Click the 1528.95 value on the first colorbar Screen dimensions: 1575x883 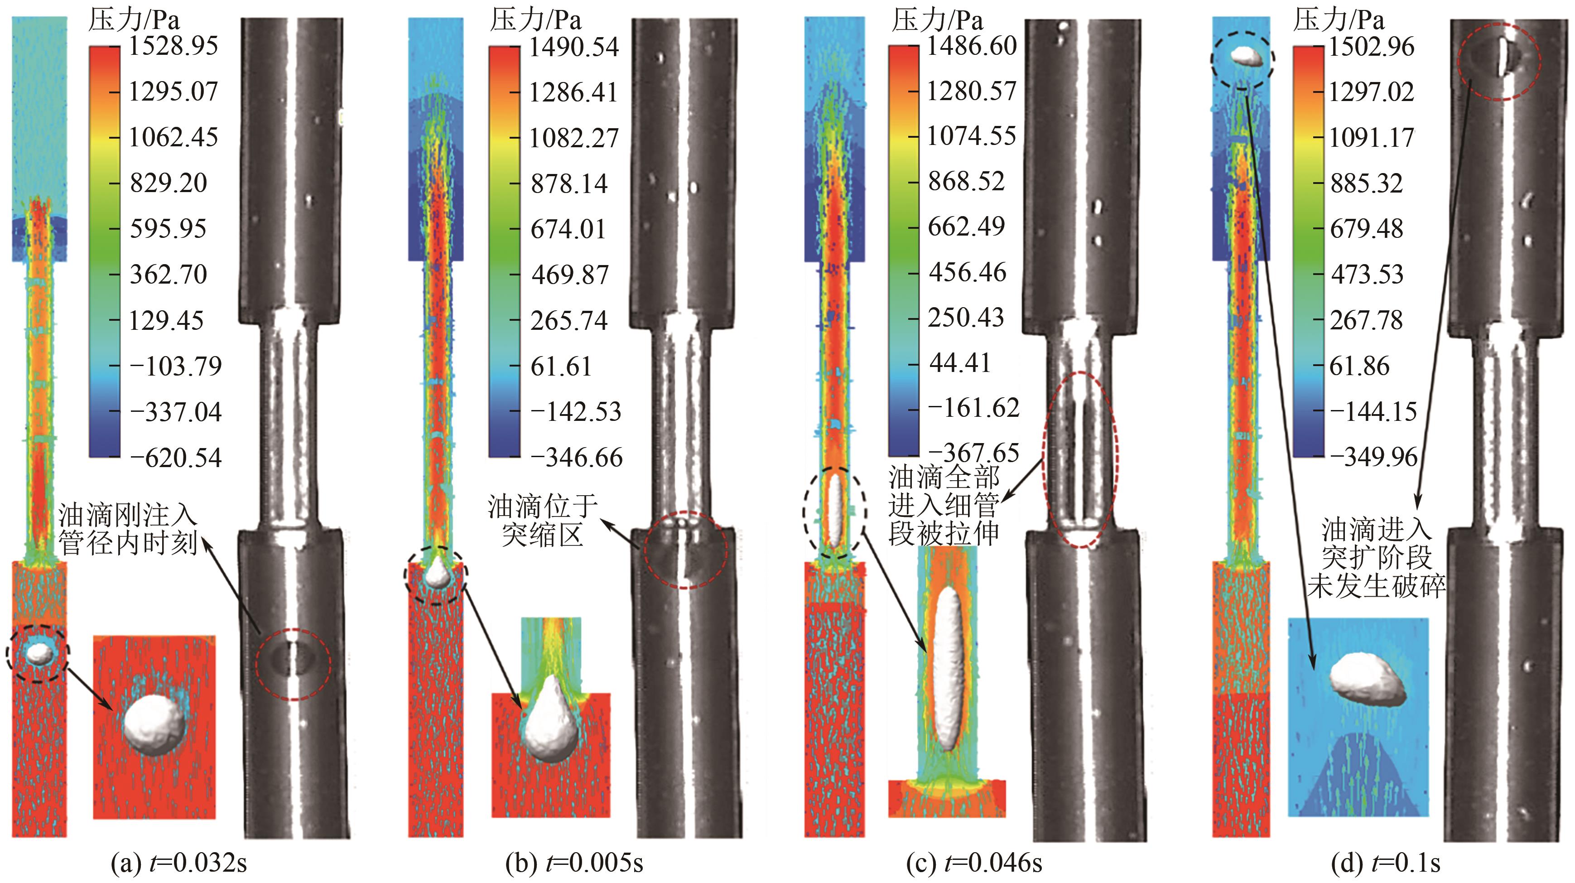(173, 46)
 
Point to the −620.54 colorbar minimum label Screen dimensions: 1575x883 (175, 458)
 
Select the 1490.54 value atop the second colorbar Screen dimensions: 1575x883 (574, 47)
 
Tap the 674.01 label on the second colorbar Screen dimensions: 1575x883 (568, 229)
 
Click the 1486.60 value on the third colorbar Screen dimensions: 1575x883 (972, 46)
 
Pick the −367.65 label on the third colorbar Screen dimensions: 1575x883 (974, 453)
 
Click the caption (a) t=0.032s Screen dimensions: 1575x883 (178, 863)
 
